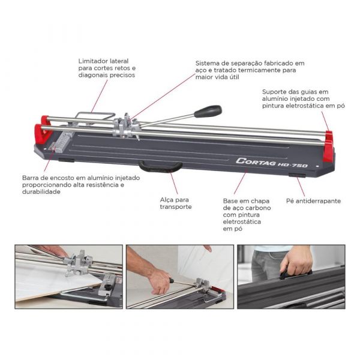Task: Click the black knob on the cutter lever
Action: tap(208, 112)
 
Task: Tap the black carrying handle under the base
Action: tap(160, 166)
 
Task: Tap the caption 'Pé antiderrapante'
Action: tap(313, 201)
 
